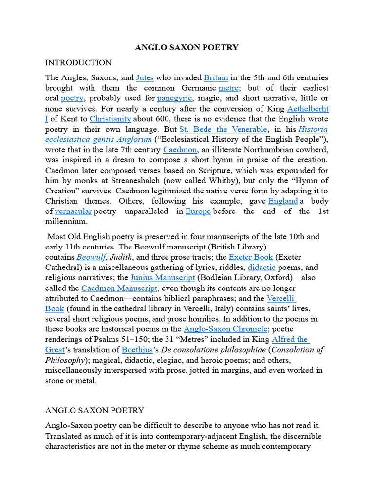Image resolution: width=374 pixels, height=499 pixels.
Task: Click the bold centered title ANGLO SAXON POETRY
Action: click(x=187, y=47)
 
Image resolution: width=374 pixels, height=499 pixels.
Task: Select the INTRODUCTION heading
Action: click(x=78, y=63)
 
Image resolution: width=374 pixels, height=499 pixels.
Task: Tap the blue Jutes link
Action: click(x=145, y=78)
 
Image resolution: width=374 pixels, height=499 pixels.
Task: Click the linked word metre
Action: click(x=228, y=88)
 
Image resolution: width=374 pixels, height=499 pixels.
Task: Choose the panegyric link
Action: click(x=171, y=98)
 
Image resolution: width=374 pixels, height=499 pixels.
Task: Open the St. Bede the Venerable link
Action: click(x=224, y=129)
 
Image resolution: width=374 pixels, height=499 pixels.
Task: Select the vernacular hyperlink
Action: click(x=73, y=211)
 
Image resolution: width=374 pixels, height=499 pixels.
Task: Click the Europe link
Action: click(x=198, y=211)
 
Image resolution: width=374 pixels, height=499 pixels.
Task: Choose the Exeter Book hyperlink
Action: click(x=251, y=257)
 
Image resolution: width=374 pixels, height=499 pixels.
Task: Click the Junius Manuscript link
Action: click(x=163, y=277)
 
